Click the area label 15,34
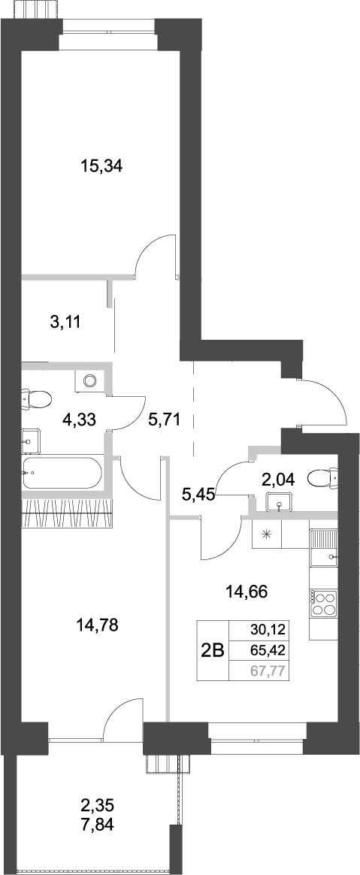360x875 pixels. coord(101,167)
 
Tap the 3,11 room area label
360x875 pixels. coord(64,322)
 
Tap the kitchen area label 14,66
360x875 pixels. coord(247,592)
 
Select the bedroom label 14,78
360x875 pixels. coord(98,623)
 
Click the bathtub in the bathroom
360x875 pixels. coord(61,473)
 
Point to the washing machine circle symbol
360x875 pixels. coord(90,380)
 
